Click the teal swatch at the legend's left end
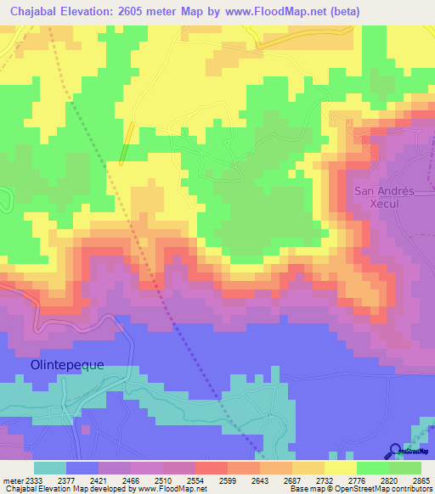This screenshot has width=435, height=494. pyautogui.click(x=49, y=468)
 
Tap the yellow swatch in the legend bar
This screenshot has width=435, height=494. pyautogui.click(x=340, y=468)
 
